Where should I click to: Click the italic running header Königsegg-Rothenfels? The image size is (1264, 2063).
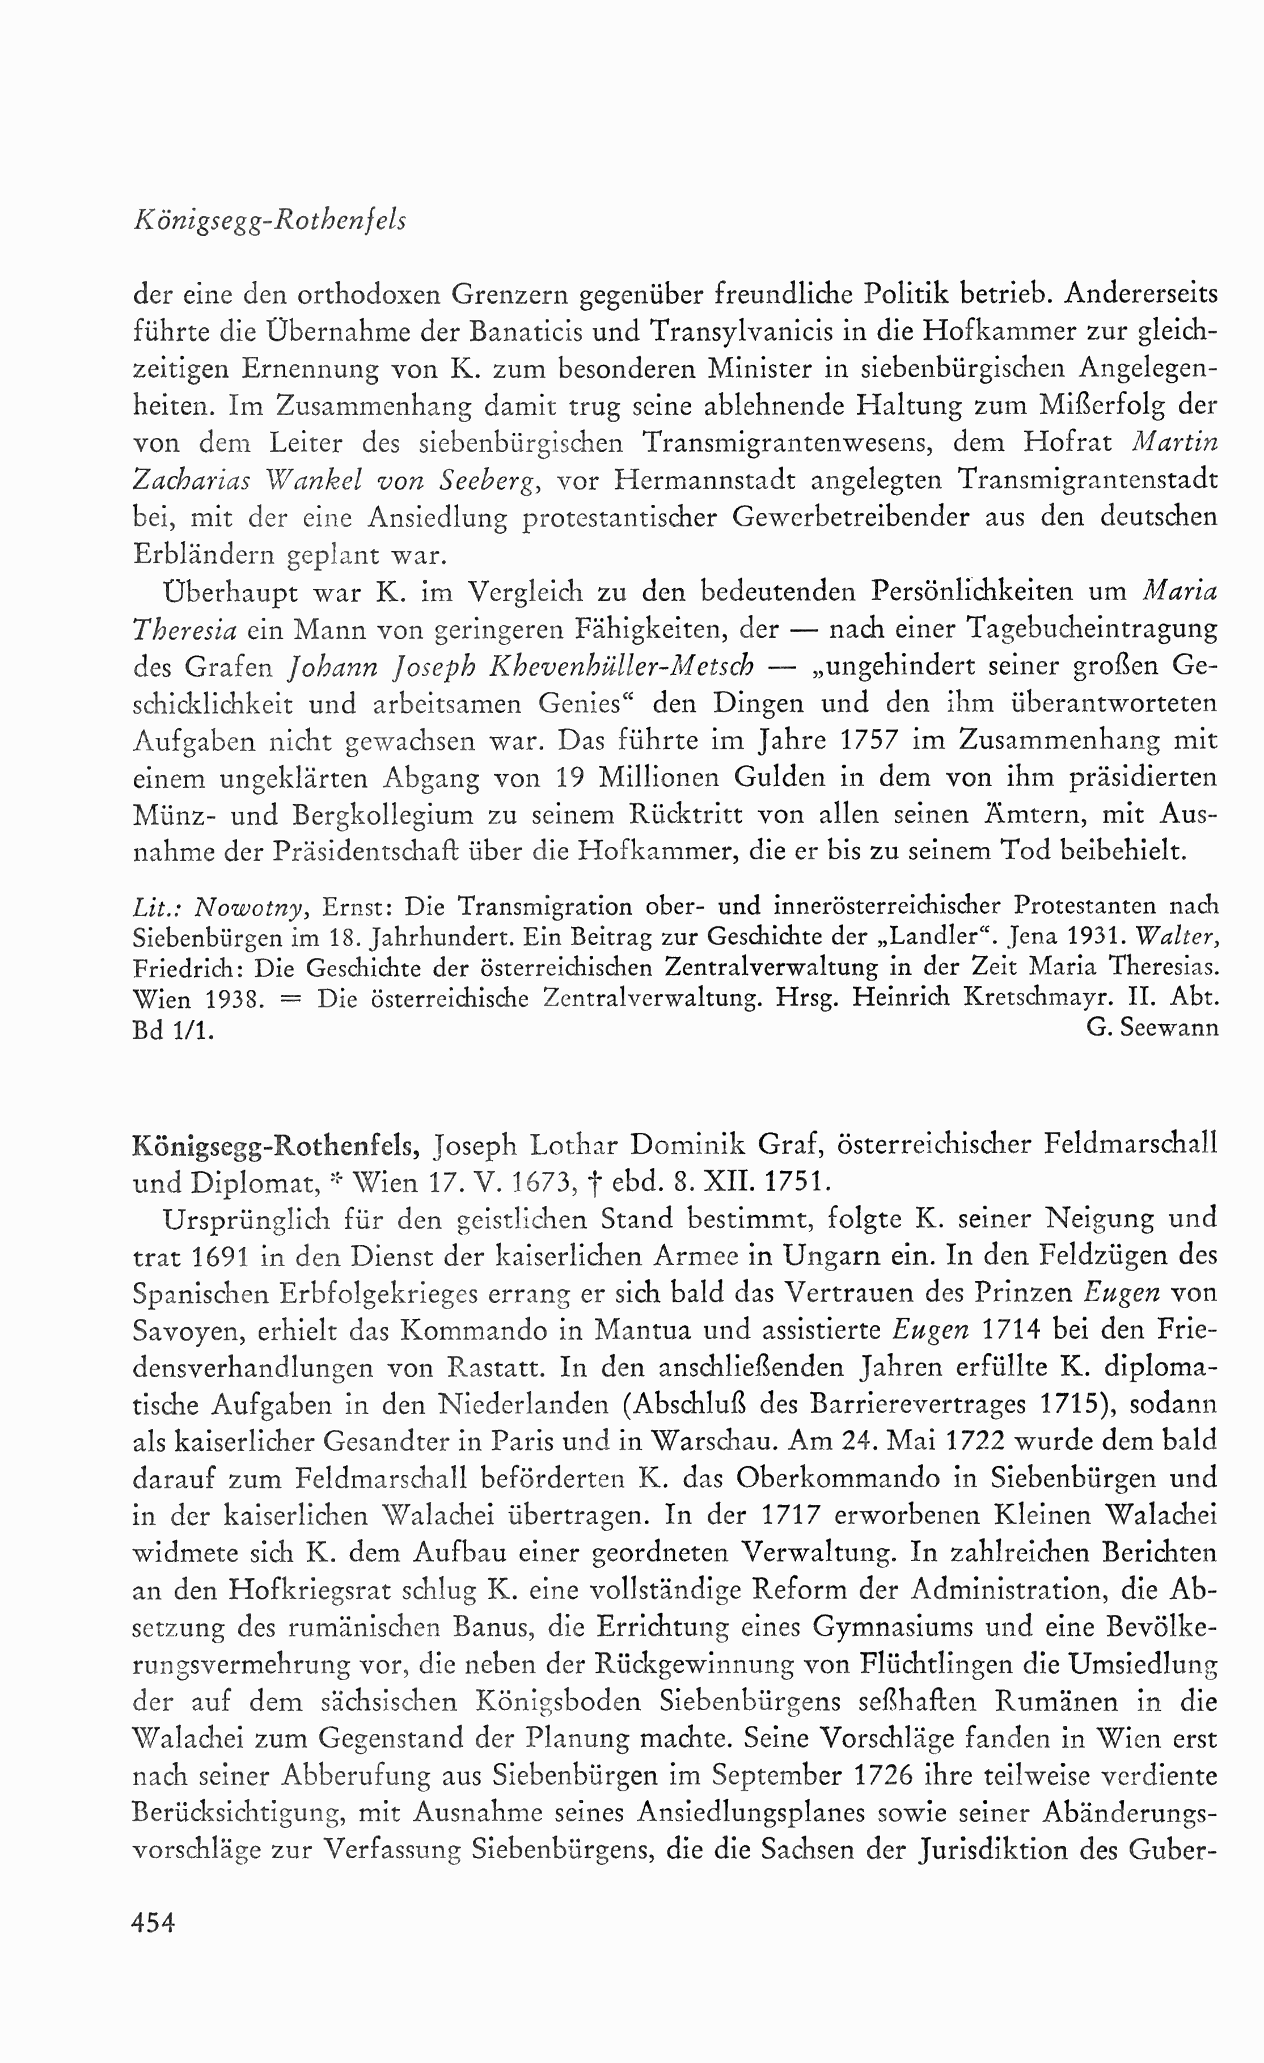coord(269,221)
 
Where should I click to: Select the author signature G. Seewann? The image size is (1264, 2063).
coord(1152,1027)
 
